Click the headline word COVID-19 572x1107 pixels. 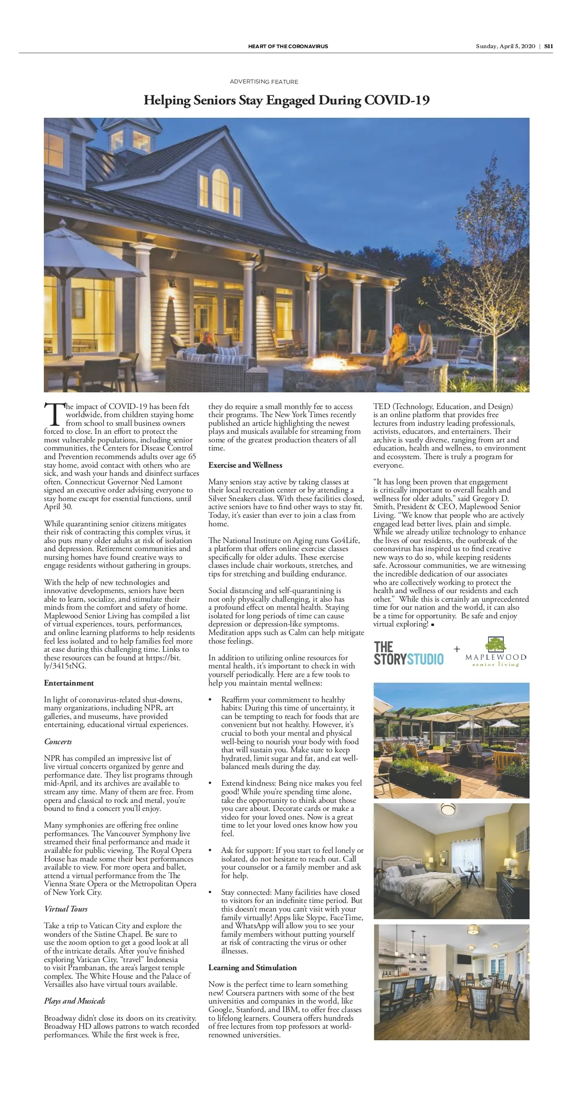397,101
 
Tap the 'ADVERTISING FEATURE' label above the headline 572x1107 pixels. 264,82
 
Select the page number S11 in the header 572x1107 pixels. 549,46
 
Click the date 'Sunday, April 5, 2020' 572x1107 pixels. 505,46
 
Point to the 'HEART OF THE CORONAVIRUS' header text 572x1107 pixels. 288,46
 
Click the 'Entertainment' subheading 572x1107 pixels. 69,683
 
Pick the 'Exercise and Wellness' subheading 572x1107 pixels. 245,465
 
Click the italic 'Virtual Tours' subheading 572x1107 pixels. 66,909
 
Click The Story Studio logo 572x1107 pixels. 409,654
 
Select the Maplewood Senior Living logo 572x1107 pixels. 496,652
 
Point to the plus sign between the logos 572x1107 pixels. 457,649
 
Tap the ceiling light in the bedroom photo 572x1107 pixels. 448,809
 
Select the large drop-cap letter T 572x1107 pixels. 53,414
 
